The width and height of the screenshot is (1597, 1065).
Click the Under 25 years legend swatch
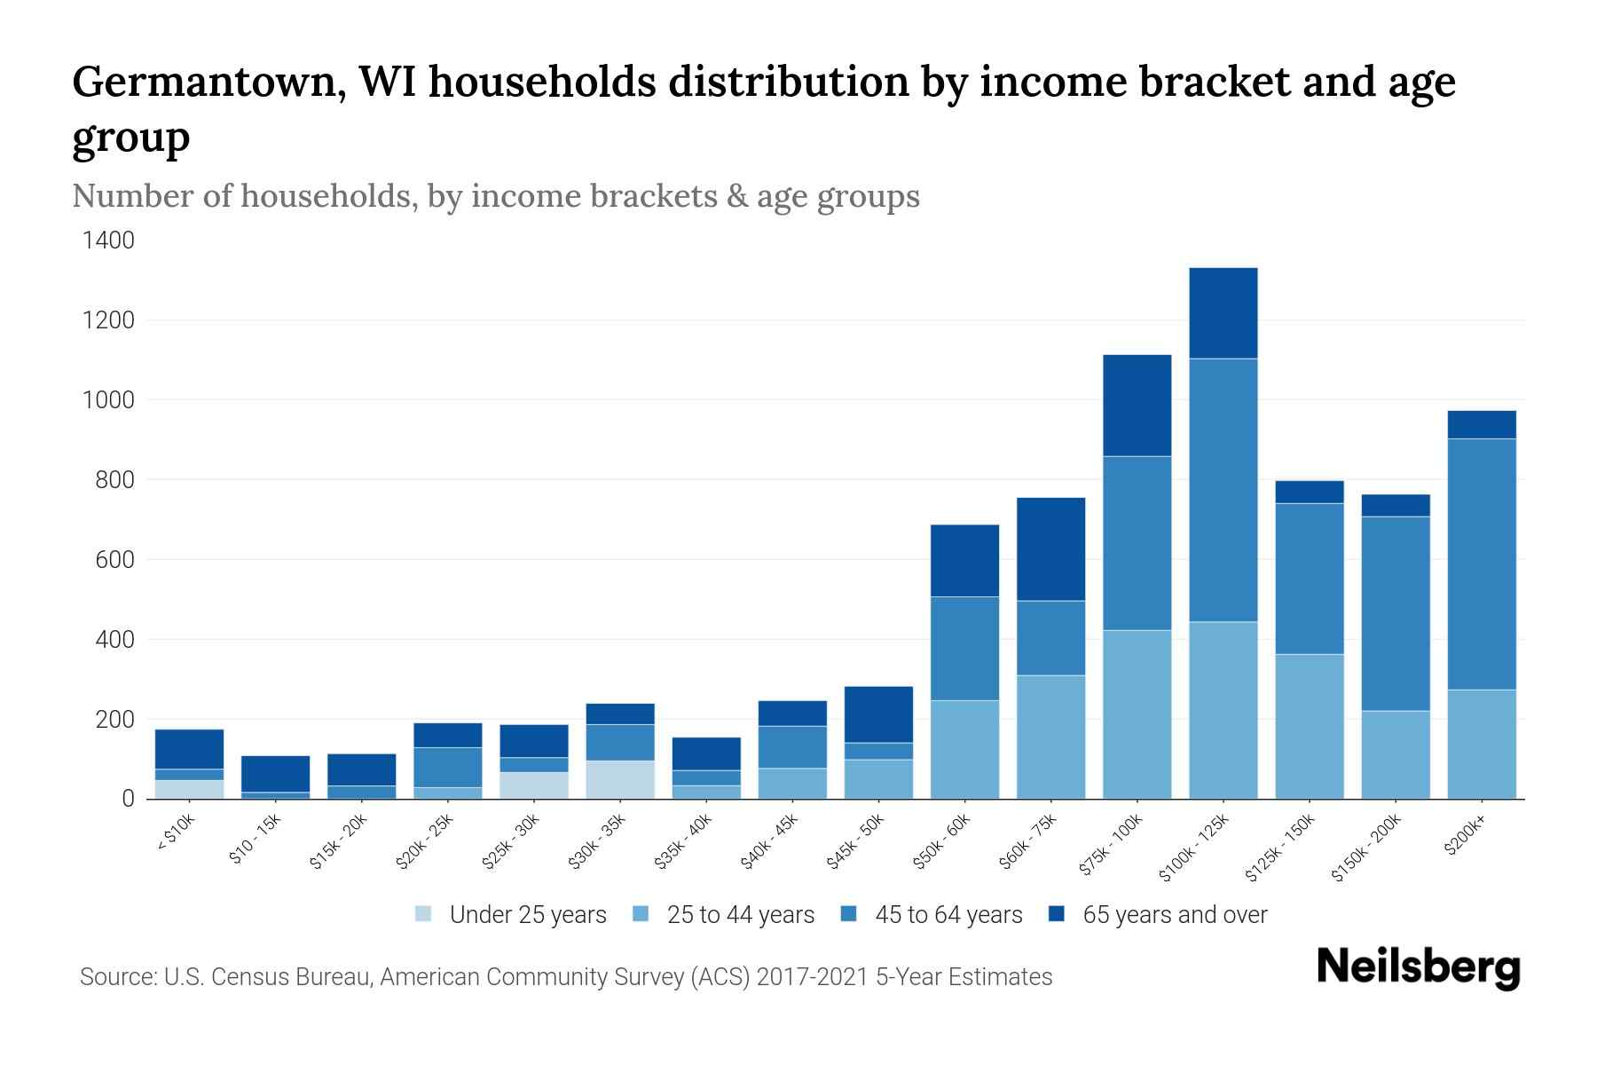(x=424, y=914)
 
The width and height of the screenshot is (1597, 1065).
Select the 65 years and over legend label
(x=1175, y=914)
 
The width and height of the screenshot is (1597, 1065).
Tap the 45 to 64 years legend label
(x=948, y=914)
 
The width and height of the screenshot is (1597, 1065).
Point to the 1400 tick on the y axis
(x=108, y=241)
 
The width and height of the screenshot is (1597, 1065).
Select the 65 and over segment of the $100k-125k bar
(x=1223, y=312)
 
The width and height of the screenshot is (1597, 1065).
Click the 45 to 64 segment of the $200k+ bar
(x=1482, y=564)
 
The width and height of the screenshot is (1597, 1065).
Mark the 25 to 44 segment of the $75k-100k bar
(x=1137, y=714)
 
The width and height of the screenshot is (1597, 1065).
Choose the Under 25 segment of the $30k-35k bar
(x=619, y=779)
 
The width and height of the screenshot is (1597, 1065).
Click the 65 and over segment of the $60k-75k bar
(x=1050, y=548)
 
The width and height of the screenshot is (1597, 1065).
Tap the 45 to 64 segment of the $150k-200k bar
(x=1395, y=613)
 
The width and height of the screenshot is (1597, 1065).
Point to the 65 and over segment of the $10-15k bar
(x=275, y=773)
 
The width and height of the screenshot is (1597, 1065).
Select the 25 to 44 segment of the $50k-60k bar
(x=964, y=749)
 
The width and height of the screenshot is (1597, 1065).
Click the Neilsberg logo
(x=1418, y=967)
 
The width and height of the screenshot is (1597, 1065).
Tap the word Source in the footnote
(x=116, y=977)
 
